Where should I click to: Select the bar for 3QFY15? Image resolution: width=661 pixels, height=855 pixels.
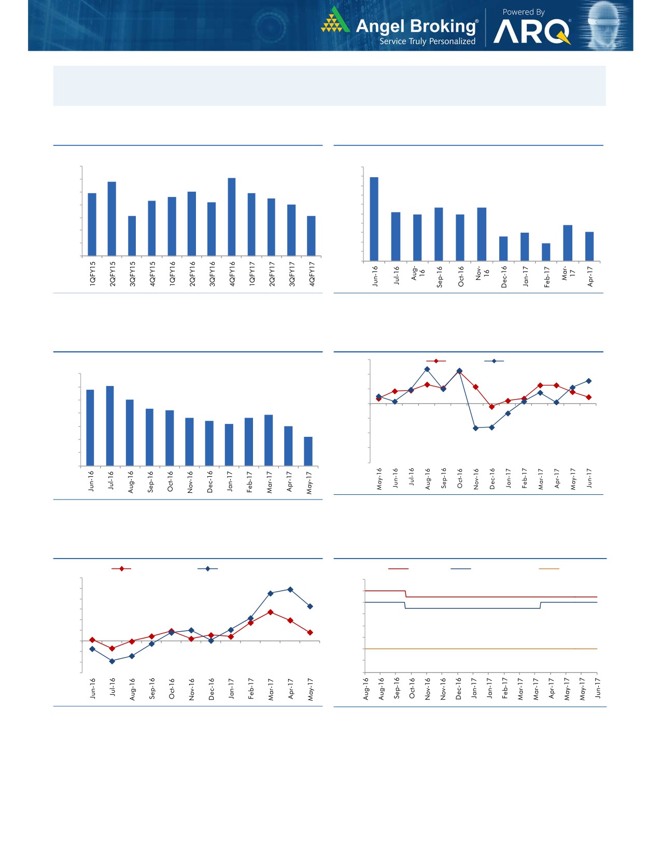(x=132, y=236)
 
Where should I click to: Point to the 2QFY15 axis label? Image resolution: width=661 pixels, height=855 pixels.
(x=112, y=274)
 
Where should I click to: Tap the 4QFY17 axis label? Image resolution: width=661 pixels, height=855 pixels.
(x=312, y=274)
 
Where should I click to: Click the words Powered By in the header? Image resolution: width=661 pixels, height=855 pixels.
(x=523, y=12)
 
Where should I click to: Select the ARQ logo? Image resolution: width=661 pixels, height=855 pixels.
(x=532, y=32)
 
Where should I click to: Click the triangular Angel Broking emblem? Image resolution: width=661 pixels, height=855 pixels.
(x=335, y=21)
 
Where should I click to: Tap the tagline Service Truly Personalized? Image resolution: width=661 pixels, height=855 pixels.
(x=427, y=41)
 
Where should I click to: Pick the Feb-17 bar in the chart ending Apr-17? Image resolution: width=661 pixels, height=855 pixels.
(x=546, y=252)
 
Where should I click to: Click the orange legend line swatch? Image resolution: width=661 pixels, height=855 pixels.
(x=549, y=569)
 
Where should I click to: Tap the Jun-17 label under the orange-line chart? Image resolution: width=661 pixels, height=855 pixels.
(x=597, y=689)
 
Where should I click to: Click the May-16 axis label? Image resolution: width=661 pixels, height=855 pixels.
(x=379, y=479)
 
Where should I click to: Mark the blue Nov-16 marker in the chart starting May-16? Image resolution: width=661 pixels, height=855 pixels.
(x=475, y=428)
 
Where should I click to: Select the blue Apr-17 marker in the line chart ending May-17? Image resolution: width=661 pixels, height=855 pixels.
(x=290, y=590)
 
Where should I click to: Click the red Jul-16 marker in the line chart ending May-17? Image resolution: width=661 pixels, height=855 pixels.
(x=112, y=648)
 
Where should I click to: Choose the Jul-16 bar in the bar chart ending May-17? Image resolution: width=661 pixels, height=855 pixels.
(x=110, y=425)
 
